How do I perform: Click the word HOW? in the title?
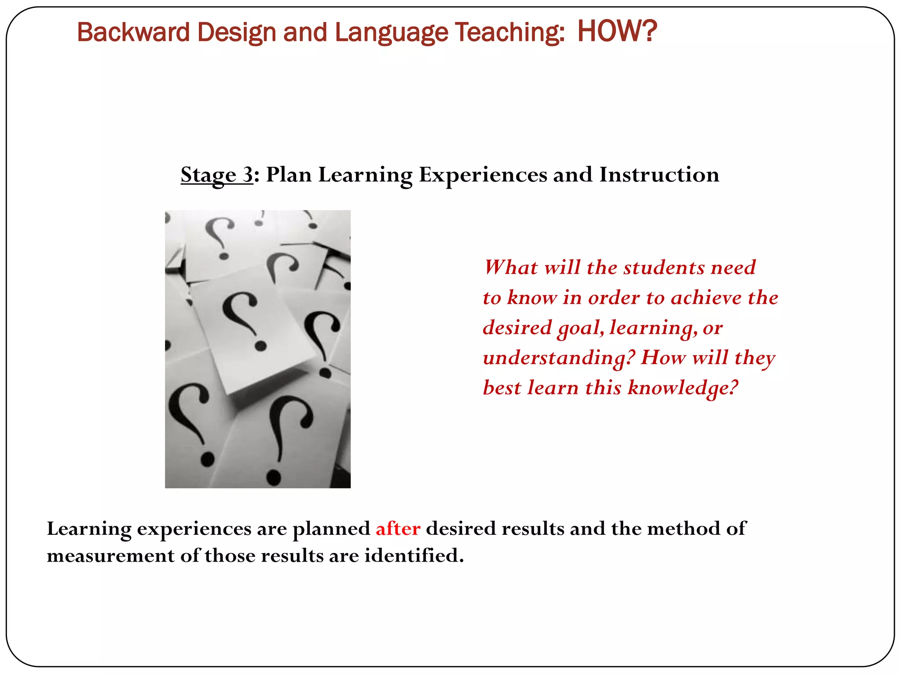(617, 32)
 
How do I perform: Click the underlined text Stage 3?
(216, 175)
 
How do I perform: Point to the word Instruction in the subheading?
(659, 175)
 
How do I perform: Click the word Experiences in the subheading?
(483, 175)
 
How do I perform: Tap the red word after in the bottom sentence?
(398, 529)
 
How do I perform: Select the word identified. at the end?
(414, 556)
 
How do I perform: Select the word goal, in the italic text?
(580, 328)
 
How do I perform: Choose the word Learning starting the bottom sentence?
(89, 529)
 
